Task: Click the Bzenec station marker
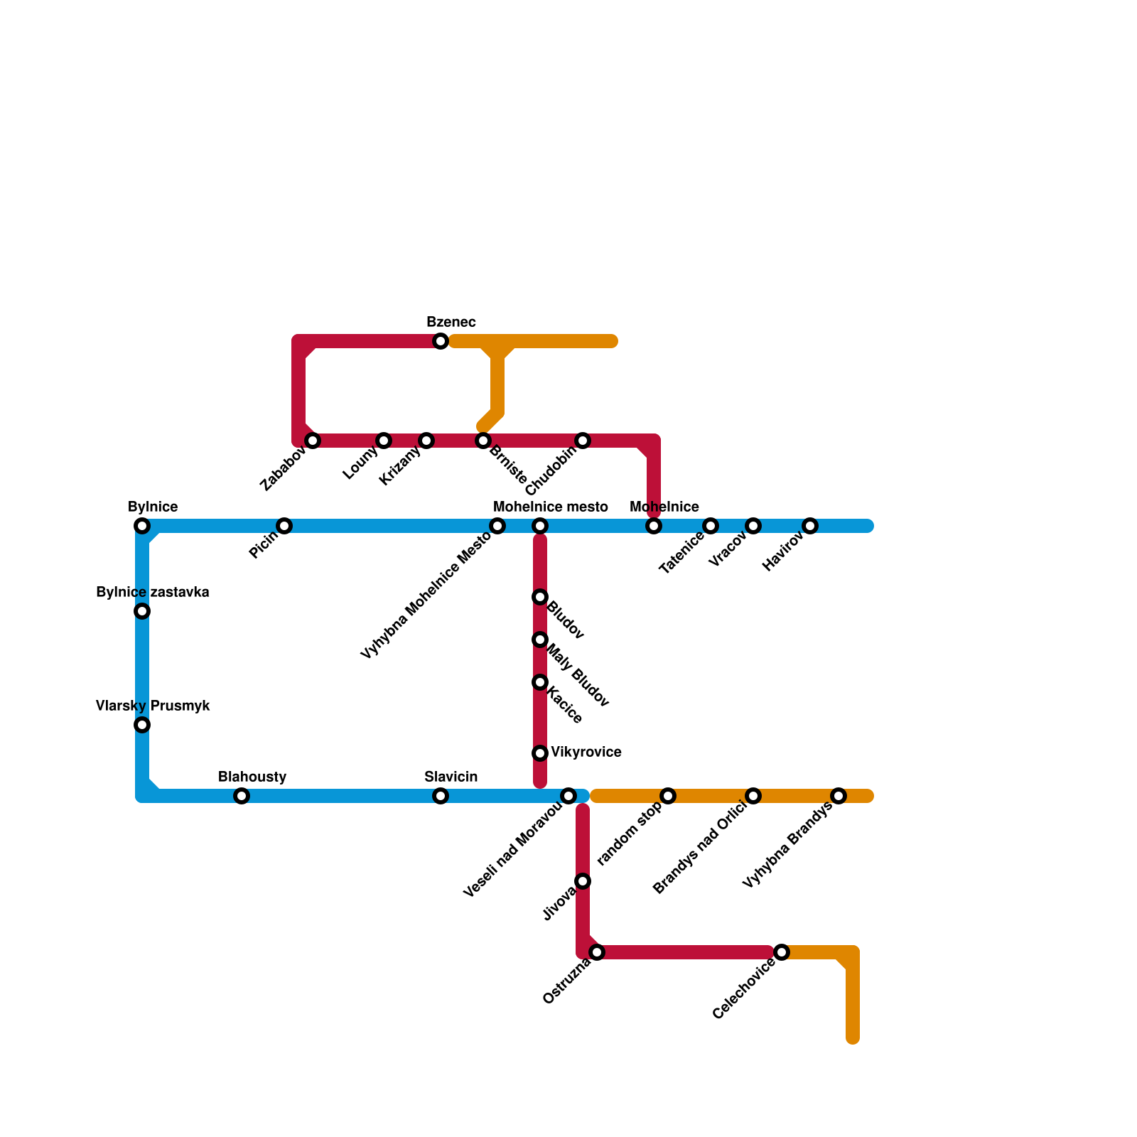pyautogui.click(x=441, y=341)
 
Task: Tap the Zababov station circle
pyautogui.click(x=313, y=441)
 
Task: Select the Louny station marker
pyautogui.click(x=384, y=441)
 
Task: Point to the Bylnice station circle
pyautogui.click(x=142, y=526)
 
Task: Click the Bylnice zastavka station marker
pyautogui.click(x=142, y=611)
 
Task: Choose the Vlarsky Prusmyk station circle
pyautogui.click(x=142, y=725)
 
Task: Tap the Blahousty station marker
pyautogui.click(x=242, y=796)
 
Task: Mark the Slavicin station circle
pyautogui.click(x=441, y=796)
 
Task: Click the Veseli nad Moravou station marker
pyautogui.click(x=568, y=796)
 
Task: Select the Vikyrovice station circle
pyautogui.click(x=540, y=753)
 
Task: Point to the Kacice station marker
pyautogui.click(x=540, y=682)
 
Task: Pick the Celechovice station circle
pyautogui.click(x=782, y=952)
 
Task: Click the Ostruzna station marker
pyautogui.click(x=597, y=952)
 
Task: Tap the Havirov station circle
pyautogui.click(x=810, y=526)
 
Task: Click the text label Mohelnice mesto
pyautogui.click(x=550, y=507)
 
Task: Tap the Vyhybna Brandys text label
pyautogui.click(x=787, y=846)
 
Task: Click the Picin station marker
pyautogui.click(x=284, y=526)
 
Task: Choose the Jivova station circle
pyautogui.click(x=583, y=881)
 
